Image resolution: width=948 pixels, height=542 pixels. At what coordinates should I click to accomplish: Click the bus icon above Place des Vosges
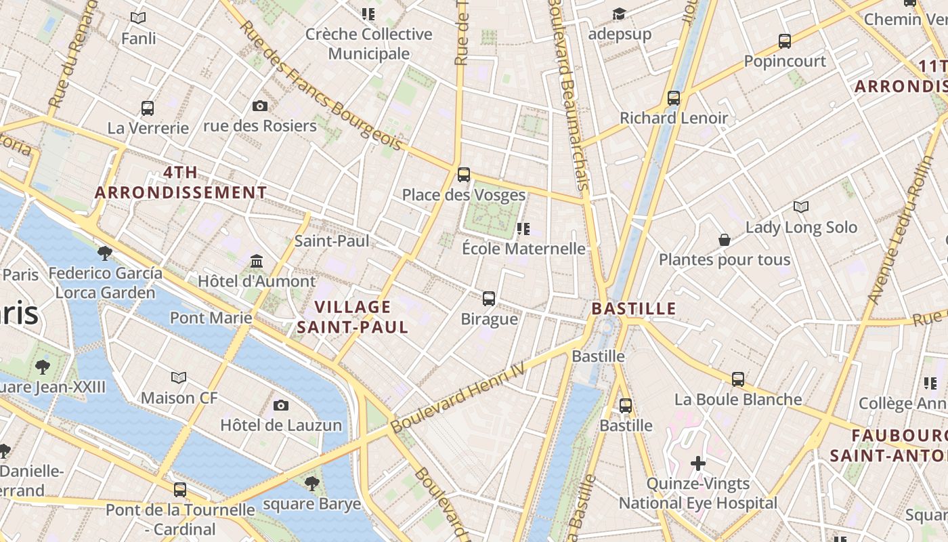464,175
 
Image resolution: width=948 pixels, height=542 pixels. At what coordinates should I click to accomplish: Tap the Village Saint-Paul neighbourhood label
353,317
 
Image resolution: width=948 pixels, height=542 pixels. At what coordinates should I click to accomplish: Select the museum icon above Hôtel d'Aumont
257,261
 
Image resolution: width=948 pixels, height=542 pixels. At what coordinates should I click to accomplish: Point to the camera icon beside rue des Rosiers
259,106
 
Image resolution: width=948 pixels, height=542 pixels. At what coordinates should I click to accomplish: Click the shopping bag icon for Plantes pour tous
725,240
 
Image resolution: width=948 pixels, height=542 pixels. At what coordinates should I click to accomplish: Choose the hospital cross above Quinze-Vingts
698,463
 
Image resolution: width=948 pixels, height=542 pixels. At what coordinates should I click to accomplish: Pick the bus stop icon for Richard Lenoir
674,98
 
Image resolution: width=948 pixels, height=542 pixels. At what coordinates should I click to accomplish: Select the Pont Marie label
211,317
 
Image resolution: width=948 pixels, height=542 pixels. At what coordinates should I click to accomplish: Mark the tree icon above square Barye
312,483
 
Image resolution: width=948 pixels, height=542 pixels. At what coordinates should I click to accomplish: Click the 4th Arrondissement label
181,182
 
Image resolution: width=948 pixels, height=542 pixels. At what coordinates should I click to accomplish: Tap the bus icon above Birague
489,298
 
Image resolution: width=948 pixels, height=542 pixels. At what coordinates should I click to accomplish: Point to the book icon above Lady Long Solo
801,207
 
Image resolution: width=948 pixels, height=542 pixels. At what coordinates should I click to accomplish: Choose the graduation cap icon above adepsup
619,14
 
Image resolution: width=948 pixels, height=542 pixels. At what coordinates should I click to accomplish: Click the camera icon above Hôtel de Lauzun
281,405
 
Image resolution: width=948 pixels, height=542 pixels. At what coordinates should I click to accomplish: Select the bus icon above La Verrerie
148,108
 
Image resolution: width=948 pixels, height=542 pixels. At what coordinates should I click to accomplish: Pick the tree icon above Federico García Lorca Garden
105,253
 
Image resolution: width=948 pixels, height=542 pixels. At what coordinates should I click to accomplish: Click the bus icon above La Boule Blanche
738,379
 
